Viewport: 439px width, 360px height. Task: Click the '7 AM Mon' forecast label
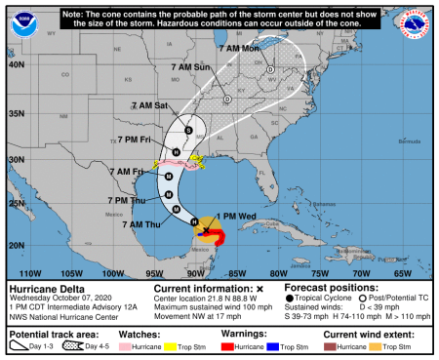239,48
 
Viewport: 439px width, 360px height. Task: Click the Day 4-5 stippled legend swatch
73,345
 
